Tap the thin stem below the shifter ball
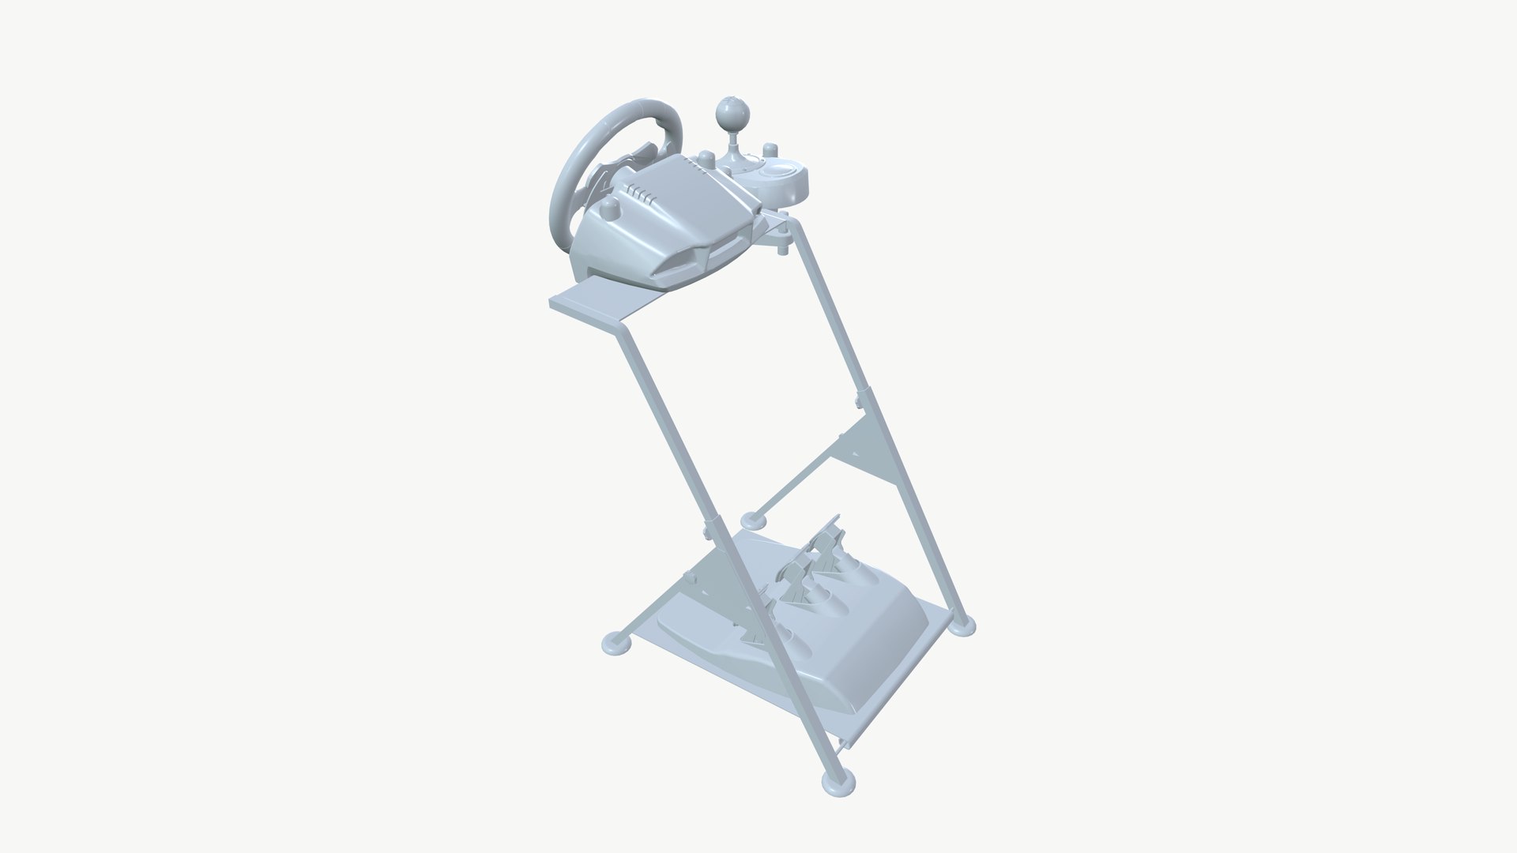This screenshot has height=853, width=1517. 730,141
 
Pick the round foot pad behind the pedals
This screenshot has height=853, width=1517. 754,520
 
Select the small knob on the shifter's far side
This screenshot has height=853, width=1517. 766,148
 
